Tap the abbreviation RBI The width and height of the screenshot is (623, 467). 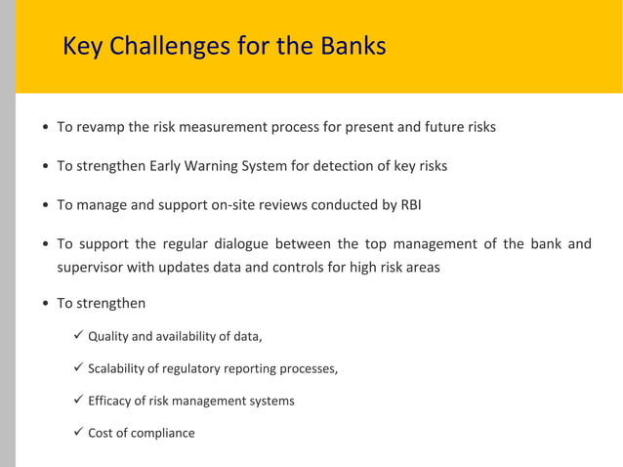point(410,205)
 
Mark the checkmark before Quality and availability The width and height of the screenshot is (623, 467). point(78,337)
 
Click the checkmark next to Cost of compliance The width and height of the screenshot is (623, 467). point(78,432)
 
